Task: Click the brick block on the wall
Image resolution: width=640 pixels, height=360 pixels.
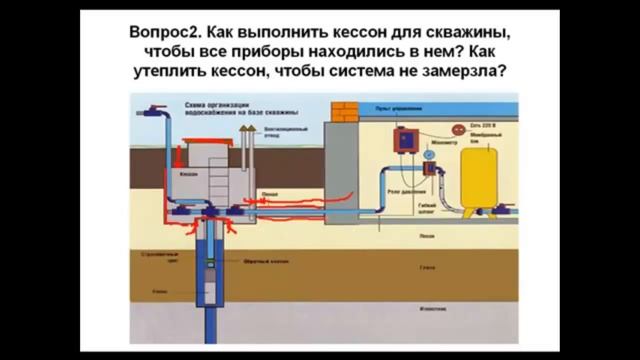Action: [346, 111]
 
